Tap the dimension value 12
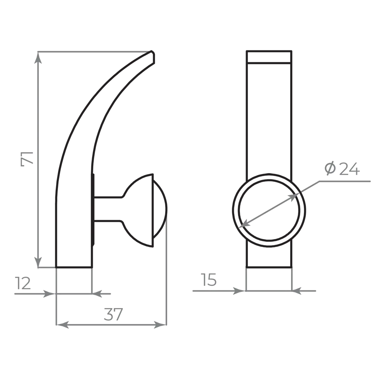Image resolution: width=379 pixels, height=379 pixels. pos(23,283)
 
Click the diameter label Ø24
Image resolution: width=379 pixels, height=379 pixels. pos(342,169)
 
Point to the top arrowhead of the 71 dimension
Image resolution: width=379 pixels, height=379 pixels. pos(38,57)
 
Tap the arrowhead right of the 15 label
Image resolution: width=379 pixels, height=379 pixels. pos(297,291)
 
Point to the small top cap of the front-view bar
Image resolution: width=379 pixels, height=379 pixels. pos(269,56)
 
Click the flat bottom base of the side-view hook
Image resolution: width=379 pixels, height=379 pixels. pos(74,266)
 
